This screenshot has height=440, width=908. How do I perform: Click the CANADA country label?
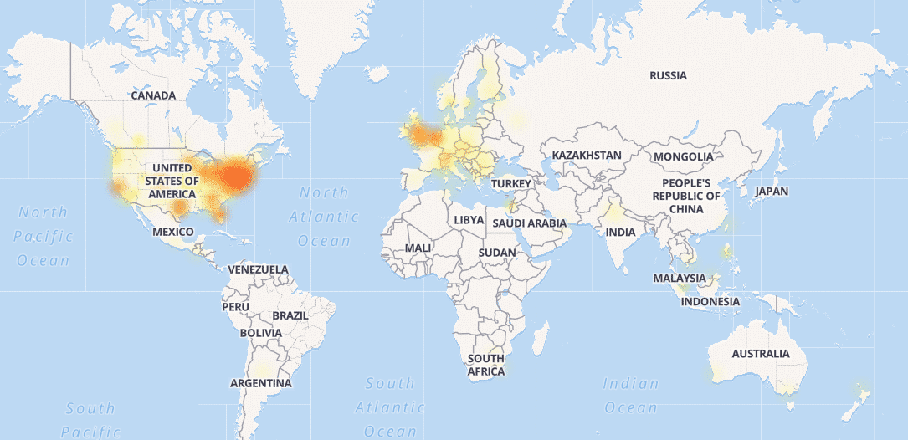tap(153, 95)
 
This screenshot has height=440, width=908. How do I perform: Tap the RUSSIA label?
tap(668, 76)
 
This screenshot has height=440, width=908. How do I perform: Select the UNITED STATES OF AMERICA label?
tap(171, 182)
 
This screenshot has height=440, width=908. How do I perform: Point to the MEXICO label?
tap(173, 231)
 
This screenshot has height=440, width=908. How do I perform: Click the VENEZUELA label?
tap(258, 269)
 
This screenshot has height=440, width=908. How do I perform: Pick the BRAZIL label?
tap(290, 316)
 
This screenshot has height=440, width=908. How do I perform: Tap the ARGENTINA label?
tap(261, 383)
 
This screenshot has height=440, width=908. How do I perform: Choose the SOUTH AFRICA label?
tap(486, 365)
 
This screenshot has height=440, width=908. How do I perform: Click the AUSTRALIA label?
tap(760, 354)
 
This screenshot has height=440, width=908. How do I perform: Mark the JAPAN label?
tap(771, 192)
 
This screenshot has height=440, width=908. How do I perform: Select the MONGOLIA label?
tap(684, 156)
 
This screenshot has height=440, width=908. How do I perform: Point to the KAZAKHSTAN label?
tap(586, 156)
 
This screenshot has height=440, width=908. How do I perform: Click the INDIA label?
tap(621, 232)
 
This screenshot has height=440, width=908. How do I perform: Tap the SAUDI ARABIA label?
tap(529, 223)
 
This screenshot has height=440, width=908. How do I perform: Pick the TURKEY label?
tap(511, 183)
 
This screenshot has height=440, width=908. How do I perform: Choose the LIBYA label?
tap(469, 219)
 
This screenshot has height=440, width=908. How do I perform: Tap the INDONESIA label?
tap(710, 301)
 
